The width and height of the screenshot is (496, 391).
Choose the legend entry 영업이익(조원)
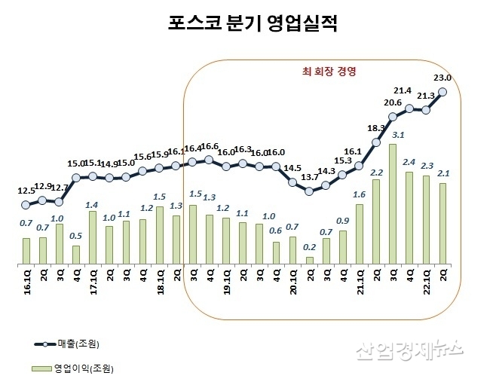coord(87,368)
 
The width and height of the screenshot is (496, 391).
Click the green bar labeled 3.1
coord(393,204)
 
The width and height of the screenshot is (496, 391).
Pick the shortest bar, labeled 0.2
coord(309,261)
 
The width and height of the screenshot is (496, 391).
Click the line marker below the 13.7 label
coord(309,191)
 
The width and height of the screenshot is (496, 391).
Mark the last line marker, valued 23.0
coord(442,92)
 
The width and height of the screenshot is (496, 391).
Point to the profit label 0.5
coord(75,236)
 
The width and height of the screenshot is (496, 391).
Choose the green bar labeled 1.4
coord(92,237)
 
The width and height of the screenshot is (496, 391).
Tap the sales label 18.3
coord(375,129)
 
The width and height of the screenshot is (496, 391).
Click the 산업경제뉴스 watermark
coord(408,350)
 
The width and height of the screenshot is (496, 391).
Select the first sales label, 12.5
coord(26,191)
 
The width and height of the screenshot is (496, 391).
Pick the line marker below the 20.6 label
coord(393,117)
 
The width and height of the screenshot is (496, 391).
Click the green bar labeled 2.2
coord(375,221)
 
